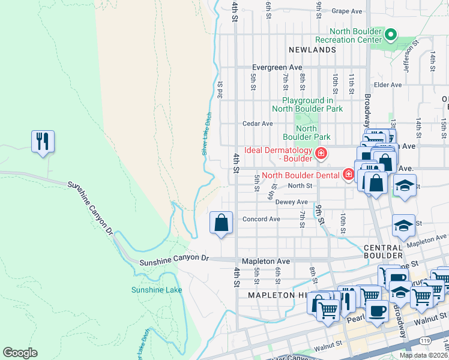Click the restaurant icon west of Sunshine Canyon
tap(43, 142)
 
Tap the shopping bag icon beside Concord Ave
tap(221, 223)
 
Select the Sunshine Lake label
tap(148, 290)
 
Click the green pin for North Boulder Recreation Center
tap(391, 35)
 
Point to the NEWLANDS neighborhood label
tap(312, 50)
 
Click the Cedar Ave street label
tap(258, 124)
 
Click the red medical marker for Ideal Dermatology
tap(321, 154)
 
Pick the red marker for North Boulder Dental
tap(348, 175)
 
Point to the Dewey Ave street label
tap(291, 202)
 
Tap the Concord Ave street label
tap(261, 219)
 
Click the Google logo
tap(20, 353)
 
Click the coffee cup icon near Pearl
tap(376, 311)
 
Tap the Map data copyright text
tap(423, 355)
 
